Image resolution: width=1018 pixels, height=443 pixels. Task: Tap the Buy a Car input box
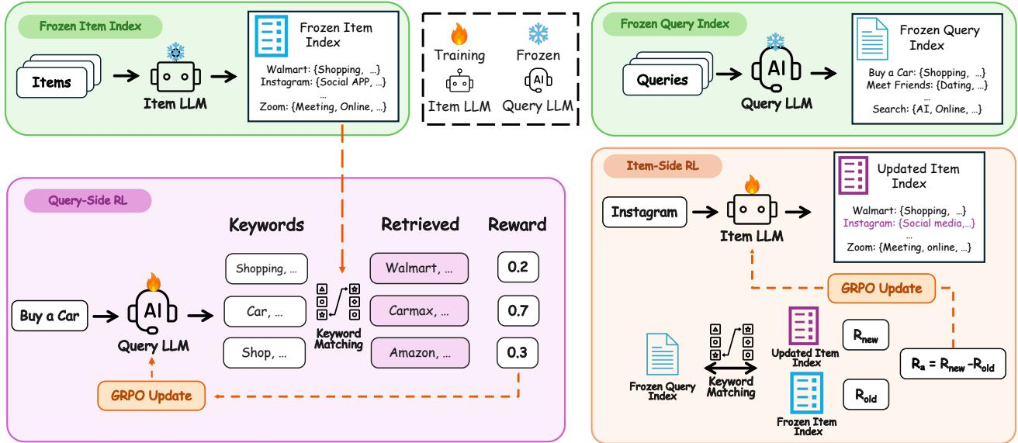(x=50, y=315)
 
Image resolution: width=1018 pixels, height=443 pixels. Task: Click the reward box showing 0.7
(x=518, y=311)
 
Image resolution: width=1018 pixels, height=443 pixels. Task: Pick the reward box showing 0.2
(x=518, y=267)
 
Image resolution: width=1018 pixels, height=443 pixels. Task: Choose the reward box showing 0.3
(x=518, y=352)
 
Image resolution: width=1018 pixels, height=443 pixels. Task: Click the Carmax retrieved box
(x=419, y=311)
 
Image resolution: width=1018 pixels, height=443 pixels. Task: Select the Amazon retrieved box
(x=420, y=352)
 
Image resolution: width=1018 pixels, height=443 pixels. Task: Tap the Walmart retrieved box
(x=419, y=268)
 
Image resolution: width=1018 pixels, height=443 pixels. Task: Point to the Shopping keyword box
(x=266, y=268)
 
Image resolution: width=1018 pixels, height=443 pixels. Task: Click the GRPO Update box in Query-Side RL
(x=151, y=396)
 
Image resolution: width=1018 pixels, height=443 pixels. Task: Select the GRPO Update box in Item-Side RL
(x=881, y=289)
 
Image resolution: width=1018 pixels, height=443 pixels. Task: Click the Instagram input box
(x=645, y=212)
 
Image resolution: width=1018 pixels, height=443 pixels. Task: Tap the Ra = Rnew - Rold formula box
(x=953, y=364)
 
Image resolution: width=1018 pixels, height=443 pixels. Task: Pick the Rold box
(x=866, y=395)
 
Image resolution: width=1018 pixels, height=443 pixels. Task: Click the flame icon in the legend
(x=459, y=34)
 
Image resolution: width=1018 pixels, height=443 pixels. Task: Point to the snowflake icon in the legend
(x=538, y=33)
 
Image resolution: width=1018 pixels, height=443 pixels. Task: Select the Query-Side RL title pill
(x=88, y=201)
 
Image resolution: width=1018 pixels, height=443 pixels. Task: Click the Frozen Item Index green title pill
(x=91, y=26)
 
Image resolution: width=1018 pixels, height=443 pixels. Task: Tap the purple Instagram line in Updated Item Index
(x=909, y=223)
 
